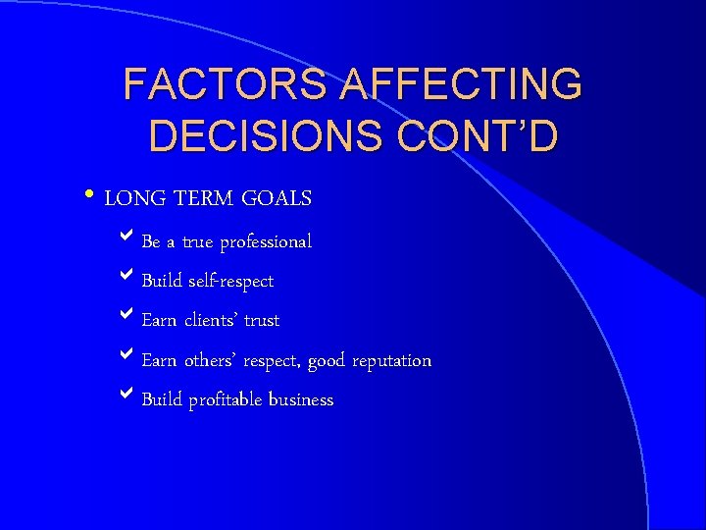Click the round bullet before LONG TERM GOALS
[90, 197]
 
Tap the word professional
[266, 241]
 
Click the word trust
[261, 321]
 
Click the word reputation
[389, 361]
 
